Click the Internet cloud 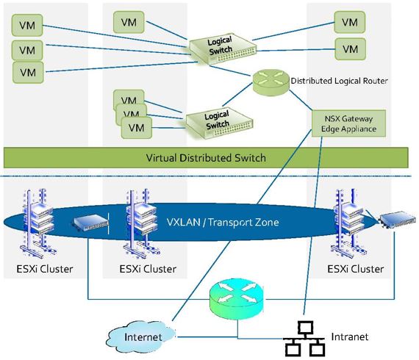[x=141, y=337]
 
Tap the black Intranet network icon [x=305, y=339]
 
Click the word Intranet [x=349, y=336]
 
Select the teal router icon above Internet [x=237, y=298]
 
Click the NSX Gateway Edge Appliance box [x=348, y=123]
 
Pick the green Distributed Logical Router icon [x=271, y=82]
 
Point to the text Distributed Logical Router [x=339, y=81]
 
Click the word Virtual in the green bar [x=161, y=157]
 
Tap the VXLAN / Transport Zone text [x=223, y=222]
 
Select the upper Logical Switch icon [x=222, y=48]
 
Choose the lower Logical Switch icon [x=219, y=123]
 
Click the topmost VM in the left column [x=27, y=26]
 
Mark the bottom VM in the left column [x=28, y=73]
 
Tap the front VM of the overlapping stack [x=137, y=128]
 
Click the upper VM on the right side [x=349, y=22]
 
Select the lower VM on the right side [x=351, y=49]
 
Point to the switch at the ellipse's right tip [x=398, y=220]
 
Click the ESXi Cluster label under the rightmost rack [x=355, y=269]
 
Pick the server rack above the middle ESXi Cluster [x=141, y=223]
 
